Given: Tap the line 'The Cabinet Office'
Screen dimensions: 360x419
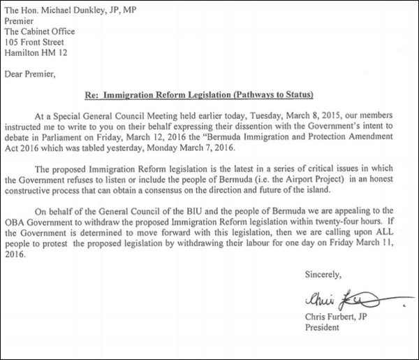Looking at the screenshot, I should pos(40,31).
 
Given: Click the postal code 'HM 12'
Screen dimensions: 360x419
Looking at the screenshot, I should pos(59,54).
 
